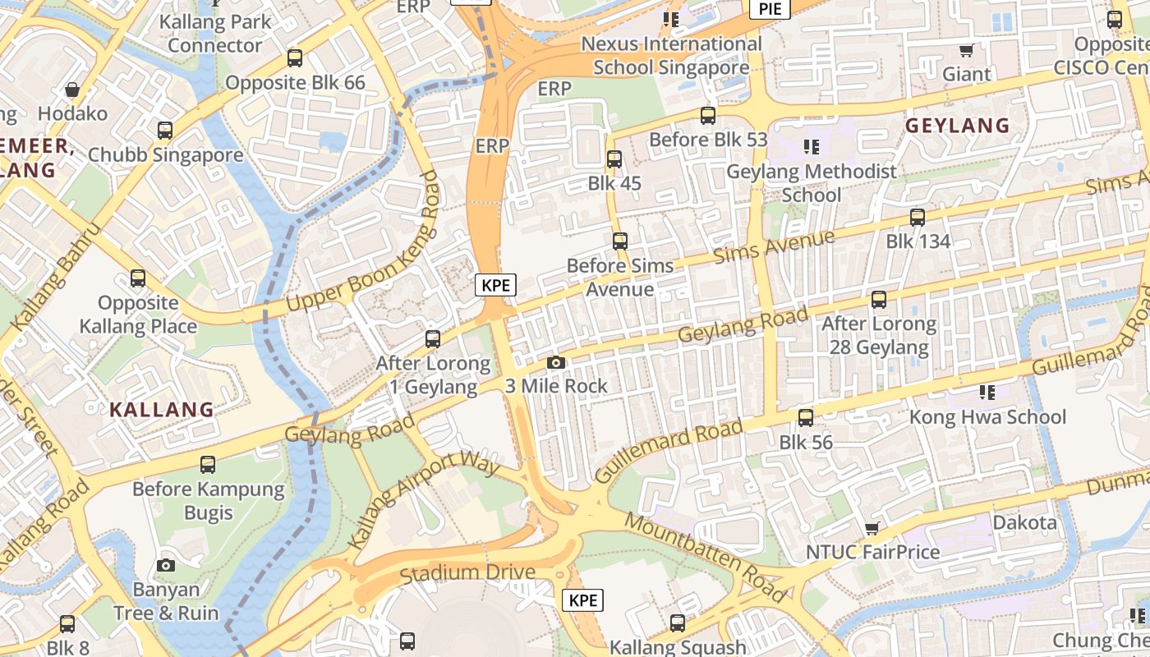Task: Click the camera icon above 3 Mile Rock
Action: coord(556,362)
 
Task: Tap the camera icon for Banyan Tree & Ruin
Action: coord(166,565)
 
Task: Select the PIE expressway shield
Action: coord(770,9)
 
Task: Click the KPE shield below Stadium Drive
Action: coord(582,600)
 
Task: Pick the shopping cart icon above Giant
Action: coord(967,51)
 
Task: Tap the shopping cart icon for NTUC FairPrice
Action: coord(872,528)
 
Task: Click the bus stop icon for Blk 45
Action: coord(614,159)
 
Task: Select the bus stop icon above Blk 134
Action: coord(918,218)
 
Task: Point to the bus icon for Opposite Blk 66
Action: coord(295,58)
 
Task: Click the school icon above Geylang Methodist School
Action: coord(812,147)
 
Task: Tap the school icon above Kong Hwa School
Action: coord(987,393)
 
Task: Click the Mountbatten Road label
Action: coord(705,556)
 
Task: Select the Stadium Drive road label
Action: coord(467,572)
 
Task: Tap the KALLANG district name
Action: coord(162,409)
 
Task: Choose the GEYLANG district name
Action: coord(957,126)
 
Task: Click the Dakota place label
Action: coord(1024,523)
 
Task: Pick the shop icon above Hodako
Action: coord(72,90)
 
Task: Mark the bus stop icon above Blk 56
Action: coord(806,418)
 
